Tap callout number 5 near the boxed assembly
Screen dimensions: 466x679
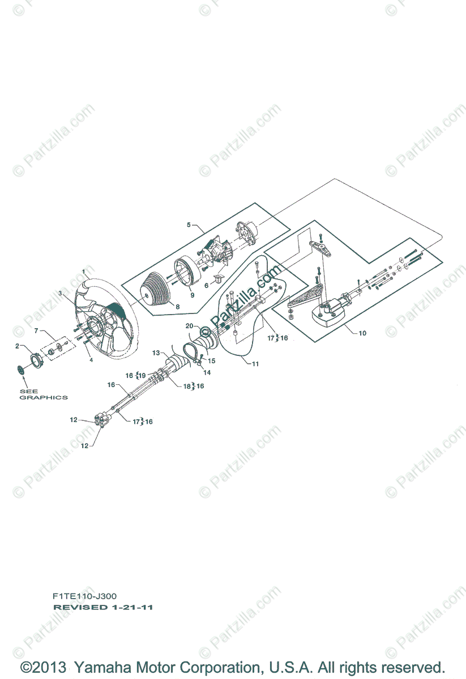189,225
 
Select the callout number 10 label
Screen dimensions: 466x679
362,333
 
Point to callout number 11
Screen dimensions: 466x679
255,364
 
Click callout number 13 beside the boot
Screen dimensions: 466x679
156,353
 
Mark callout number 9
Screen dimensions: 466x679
191,294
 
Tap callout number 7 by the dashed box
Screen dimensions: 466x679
36,330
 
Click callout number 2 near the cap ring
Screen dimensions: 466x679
17,346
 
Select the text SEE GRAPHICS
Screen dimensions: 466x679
44,394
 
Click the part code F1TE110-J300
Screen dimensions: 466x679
85,596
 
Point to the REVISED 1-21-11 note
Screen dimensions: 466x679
102,607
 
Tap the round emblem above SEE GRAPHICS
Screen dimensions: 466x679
22,369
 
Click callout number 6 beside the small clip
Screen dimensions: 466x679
206,286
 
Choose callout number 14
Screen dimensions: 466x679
207,373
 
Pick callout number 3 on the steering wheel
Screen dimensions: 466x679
60,293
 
